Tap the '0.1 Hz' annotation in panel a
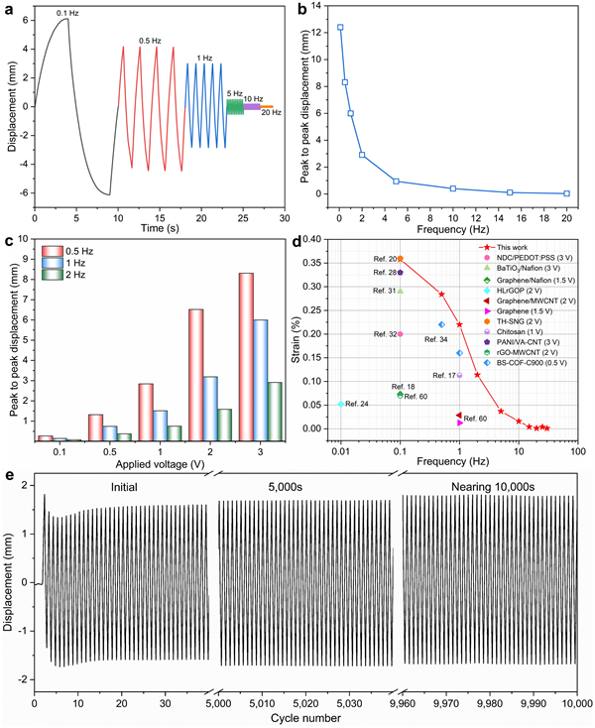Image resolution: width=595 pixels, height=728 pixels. click(68, 12)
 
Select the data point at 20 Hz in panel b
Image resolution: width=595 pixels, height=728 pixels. click(566, 193)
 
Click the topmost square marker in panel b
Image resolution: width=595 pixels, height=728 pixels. click(340, 28)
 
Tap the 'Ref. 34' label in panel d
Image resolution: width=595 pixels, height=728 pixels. click(435, 339)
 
